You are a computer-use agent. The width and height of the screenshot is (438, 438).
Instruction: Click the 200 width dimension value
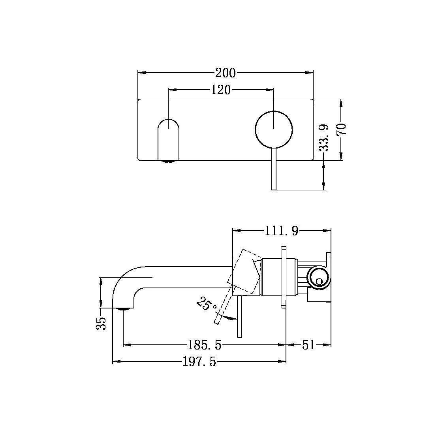(225, 73)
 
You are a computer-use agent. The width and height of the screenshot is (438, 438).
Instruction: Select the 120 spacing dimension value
(220, 90)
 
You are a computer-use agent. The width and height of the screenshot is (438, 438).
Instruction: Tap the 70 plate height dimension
(342, 130)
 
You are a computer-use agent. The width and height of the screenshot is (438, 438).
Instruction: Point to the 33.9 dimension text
(324, 138)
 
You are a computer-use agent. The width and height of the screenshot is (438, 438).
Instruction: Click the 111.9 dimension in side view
(281, 231)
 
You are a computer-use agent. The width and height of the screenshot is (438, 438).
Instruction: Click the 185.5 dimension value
(204, 345)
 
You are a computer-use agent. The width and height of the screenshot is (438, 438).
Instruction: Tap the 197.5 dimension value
(199, 361)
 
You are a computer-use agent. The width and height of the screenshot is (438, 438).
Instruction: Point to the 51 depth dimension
(308, 345)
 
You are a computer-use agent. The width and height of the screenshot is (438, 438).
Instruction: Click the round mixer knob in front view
(274, 129)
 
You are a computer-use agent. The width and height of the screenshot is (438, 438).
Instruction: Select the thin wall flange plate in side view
(283, 276)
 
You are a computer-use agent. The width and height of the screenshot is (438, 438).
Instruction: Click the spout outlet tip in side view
(123, 309)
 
